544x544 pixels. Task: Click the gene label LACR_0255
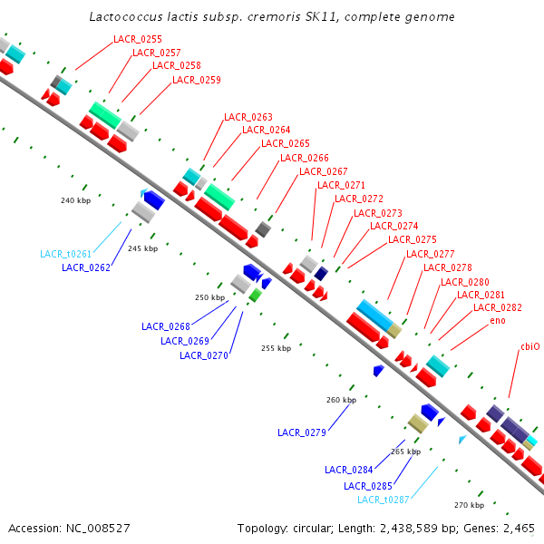click(138, 39)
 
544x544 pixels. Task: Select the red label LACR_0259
click(197, 80)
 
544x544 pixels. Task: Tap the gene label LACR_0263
click(248, 117)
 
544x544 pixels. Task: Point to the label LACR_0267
click(324, 171)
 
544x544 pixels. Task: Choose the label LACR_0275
click(413, 239)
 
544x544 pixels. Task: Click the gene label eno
click(498, 321)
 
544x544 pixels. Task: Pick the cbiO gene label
click(529, 346)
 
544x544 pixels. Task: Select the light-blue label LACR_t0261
click(65, 254)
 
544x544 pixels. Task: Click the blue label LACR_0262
click(86, 267)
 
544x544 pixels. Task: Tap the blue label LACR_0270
click(204, 355)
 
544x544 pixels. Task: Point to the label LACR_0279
click(302, 432)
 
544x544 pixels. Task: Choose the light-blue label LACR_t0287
click(383, 500)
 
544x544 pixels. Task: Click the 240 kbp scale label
click(75, 200)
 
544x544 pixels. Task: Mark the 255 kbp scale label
click(276, 348)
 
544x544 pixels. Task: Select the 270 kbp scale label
click(469, 505)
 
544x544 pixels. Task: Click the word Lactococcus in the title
click(127, 17)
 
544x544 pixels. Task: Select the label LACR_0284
click(349, 470)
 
